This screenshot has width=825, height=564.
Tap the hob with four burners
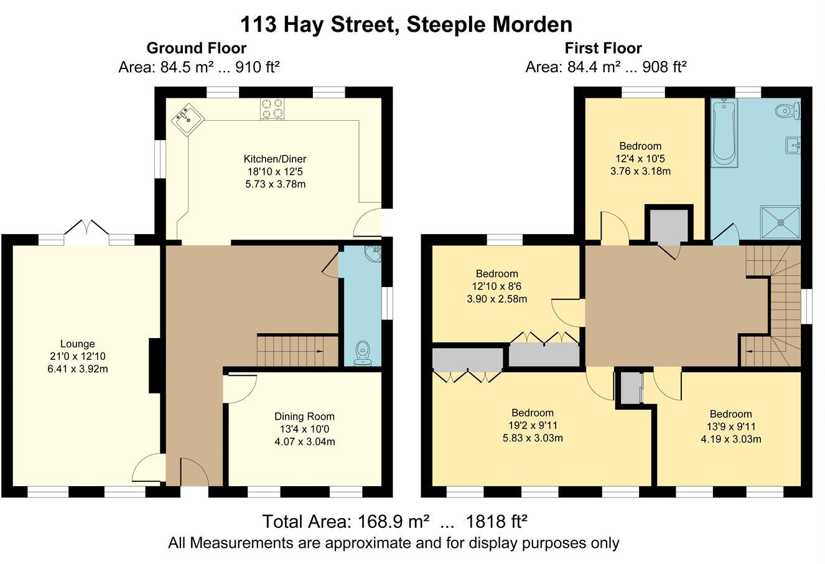[271, 109]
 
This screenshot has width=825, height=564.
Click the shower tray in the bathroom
[779, 222]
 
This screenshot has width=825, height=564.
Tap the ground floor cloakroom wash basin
[373, 254]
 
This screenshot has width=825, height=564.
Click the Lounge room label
[78, 344]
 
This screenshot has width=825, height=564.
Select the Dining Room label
[304, 416]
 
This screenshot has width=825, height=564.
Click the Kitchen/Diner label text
[274, 159]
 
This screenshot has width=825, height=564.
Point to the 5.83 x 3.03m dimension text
[533, 438]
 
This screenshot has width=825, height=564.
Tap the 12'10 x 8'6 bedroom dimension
[496, 286]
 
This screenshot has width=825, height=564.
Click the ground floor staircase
[297, 350]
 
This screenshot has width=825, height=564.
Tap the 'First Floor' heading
[603, 48]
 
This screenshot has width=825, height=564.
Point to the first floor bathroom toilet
[787, 111]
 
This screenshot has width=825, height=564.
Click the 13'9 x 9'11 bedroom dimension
[730, 426]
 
